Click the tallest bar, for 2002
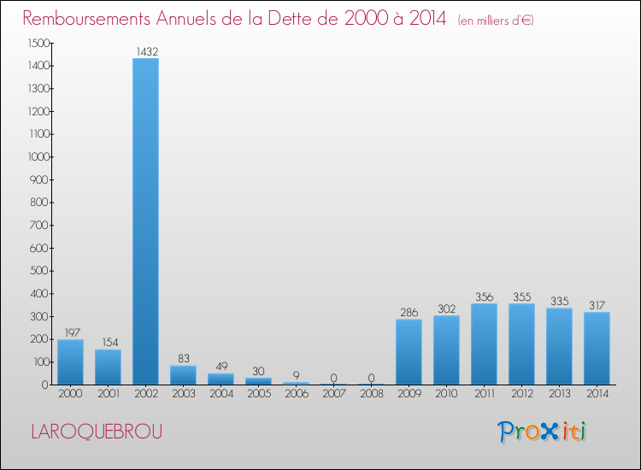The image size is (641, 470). coord(145,220)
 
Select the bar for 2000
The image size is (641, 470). coord(70,361)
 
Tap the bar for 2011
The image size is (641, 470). coord(484,344)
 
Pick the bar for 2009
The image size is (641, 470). coord(409,351)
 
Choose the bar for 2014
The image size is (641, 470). coord(597,348)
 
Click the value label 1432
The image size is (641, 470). coord(145,52)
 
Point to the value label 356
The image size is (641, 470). coord(484,297)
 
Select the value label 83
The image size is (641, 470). coord(183,359)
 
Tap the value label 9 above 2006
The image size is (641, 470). coord(296,375)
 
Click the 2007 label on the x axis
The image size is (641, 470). coord(333,394)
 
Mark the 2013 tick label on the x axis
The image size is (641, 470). coord(559,394)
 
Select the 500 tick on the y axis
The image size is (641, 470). coord(41,271)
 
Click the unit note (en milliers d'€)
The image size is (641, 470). coord(497,21)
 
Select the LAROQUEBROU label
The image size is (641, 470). coord(96,432)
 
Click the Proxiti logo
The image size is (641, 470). coord(542,432)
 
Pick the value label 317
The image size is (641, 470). coord(597,305)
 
